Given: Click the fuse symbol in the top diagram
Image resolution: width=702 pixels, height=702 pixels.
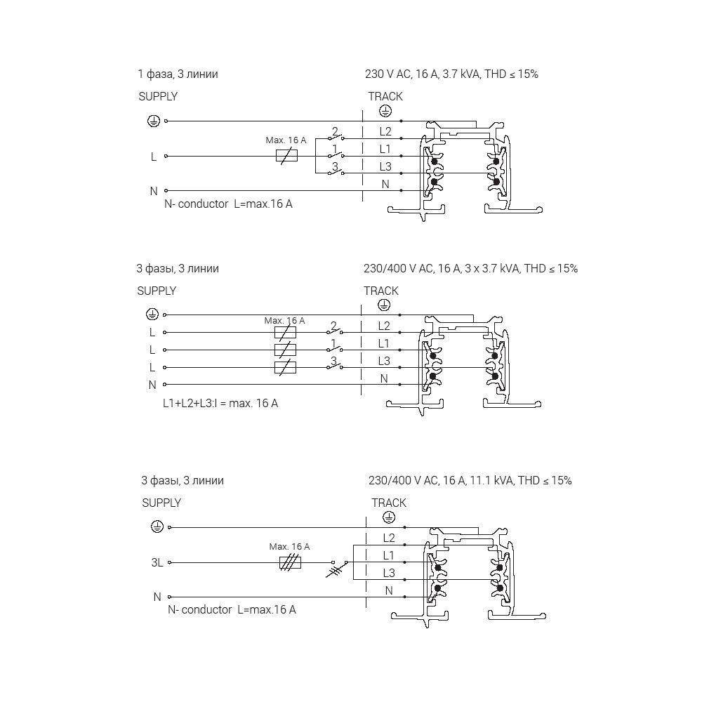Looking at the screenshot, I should point(286,156).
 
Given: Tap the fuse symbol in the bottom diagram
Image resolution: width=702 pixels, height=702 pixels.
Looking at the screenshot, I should point(290,562).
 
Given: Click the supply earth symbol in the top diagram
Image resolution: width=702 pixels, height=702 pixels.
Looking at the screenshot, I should point(152,121).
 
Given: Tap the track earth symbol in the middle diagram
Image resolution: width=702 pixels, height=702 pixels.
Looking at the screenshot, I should point(383,305).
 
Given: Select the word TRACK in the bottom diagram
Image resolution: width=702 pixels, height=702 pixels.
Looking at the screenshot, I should point(389,503).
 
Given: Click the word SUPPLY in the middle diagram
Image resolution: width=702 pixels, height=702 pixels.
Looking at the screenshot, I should point(157,291).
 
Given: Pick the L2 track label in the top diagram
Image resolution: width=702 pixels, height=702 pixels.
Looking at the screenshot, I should point(385,131).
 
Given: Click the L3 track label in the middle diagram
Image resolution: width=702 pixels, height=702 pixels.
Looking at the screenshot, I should point(384,361).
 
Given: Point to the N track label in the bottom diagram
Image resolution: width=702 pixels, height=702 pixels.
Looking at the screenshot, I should point(389,591).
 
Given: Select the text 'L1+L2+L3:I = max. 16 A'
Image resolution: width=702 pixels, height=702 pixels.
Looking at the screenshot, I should point(220,404).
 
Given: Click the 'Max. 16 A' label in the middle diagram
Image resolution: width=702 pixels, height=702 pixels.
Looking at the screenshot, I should point(285,321).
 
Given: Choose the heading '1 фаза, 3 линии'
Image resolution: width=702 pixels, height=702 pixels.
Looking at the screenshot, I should point(178,74).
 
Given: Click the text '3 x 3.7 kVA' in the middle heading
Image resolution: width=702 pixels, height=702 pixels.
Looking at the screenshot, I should point(492,268).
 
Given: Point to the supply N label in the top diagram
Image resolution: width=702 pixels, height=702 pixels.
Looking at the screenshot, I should point(154,191).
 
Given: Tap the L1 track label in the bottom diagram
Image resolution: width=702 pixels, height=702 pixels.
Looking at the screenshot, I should point(389,555).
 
